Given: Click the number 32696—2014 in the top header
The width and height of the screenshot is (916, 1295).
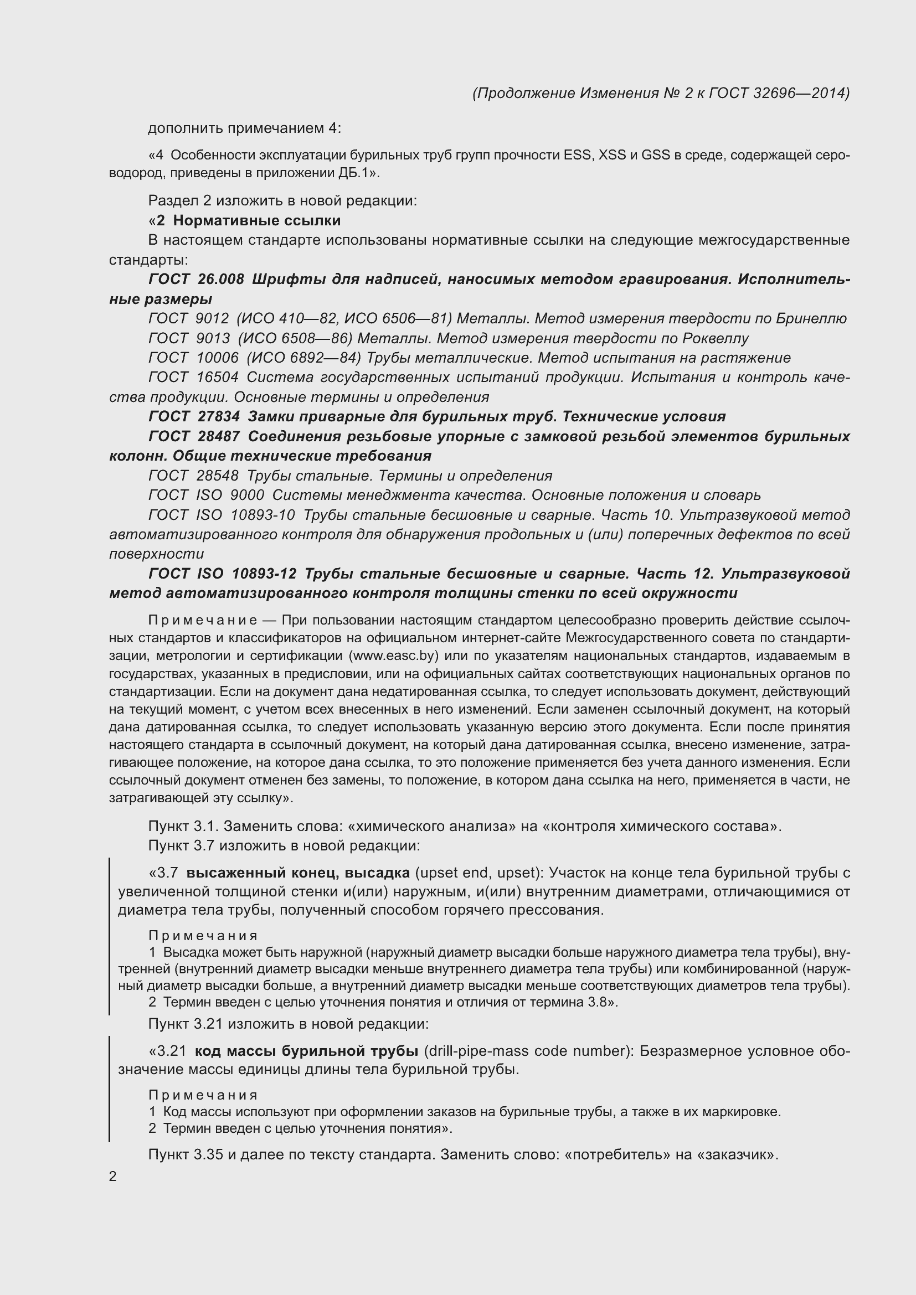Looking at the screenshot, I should point(800,93).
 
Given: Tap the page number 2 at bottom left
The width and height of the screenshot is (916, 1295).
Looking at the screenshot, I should point(113,1177).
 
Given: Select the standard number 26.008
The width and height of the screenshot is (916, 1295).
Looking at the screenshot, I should point(221,279).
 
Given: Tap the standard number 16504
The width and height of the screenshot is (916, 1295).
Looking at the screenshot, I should point(218,378).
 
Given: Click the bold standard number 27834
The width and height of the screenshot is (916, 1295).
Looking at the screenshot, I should point(219,417).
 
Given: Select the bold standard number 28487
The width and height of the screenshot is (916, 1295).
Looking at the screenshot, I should point(219,436).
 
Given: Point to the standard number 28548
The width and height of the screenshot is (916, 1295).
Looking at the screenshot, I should point(218,476).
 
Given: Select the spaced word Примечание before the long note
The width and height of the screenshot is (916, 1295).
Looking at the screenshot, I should point(203,621).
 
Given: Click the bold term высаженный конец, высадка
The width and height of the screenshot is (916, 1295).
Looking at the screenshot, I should point(298,873).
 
